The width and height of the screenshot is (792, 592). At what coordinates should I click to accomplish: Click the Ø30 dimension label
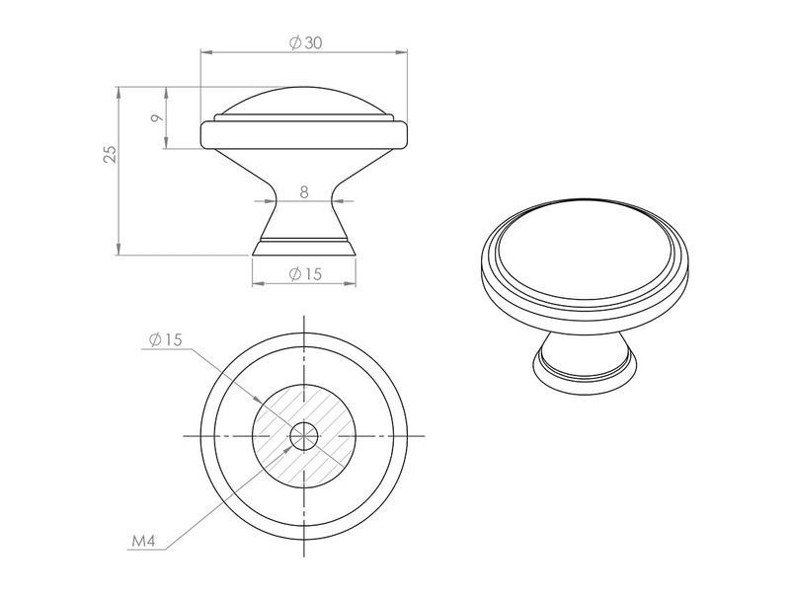[x=305, y=42]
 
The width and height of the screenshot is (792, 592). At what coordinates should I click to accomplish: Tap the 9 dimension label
[x=157, y=118]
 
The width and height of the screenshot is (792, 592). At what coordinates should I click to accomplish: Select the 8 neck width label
[x=304, y=192]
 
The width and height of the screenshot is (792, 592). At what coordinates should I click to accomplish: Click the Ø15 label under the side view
[x=305, y=274]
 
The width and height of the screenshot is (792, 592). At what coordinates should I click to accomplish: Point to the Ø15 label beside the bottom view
[x=165, y=339]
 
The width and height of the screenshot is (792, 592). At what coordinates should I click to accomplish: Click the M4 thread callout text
[x=143, y=542]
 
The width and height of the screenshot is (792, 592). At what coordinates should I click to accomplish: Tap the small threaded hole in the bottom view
[x=304, y=435]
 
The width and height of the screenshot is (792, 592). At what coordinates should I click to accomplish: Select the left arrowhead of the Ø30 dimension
[x=206, y=51]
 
